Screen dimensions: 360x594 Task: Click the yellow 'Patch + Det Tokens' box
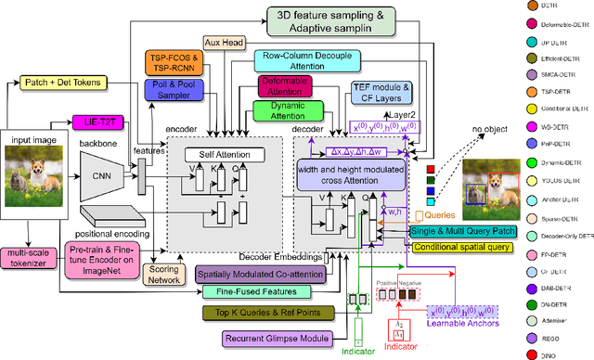[x=62, y=83]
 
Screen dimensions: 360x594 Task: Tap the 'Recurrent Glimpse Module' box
[x=267, y=339]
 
